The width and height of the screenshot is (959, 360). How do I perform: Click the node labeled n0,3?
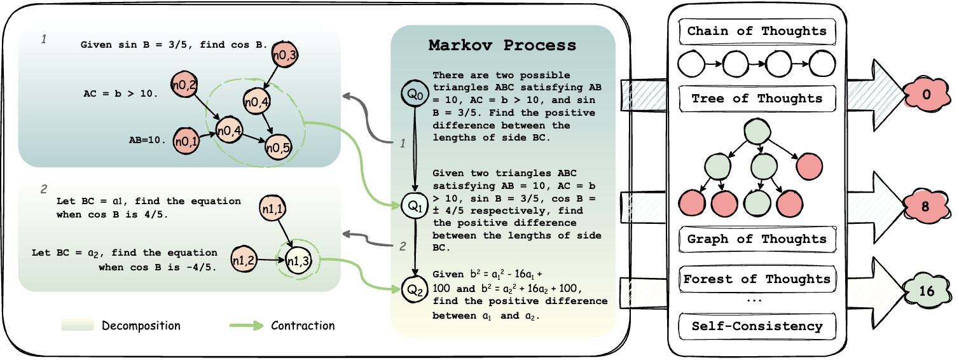[x=285, y=54]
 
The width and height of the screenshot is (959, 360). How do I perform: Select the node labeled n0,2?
[x=184, y=85]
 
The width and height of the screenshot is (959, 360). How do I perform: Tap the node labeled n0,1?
[x=186, y=141]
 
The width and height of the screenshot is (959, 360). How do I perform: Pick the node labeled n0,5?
[x=279, y=148]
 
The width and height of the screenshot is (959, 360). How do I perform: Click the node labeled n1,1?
[x=273, y=208]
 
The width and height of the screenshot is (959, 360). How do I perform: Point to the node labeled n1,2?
[x=244, y=260]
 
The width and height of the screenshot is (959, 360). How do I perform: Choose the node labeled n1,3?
[x=298, y=260]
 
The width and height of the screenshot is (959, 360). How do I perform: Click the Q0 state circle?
[x=415, y=93]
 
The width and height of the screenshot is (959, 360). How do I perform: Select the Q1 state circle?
[x=415, y=206]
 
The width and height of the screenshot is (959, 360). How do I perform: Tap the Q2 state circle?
[x=415, y=290]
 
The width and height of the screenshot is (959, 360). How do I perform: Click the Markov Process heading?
[x=502, y=45]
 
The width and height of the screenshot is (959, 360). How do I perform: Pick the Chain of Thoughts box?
[x=757, y=31]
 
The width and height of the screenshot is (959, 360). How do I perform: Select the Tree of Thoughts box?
[x=757, y=99]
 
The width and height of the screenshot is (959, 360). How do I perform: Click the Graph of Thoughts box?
[x=757, y=239]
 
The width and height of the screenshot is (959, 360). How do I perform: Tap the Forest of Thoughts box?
[x=757, y=279]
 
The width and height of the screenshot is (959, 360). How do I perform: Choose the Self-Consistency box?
[x=757, y=326]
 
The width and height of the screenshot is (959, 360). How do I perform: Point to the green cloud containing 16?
[x=926, y=291]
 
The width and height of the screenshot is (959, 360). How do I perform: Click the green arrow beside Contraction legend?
[x=247, y=326]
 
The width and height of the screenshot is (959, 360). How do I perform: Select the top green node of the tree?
[x=757, y=131]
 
